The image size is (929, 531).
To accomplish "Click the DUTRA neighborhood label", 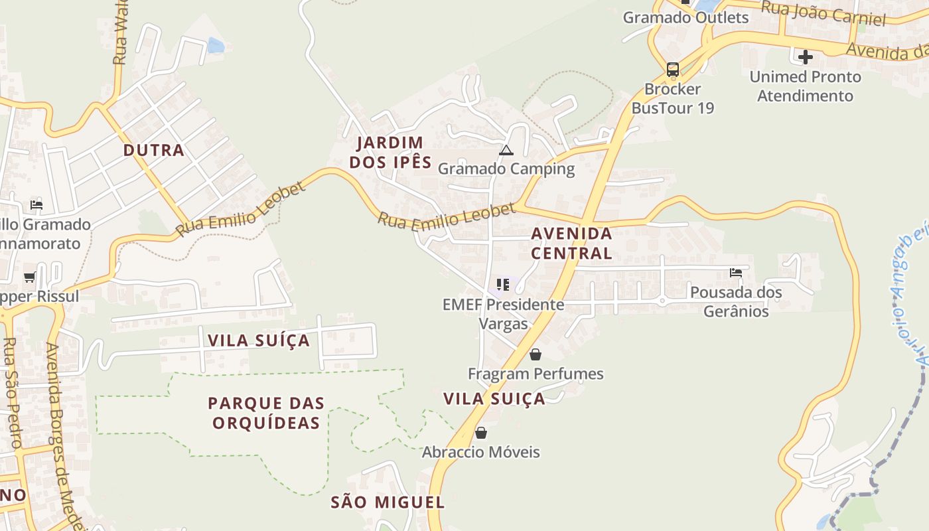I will tap(154, 150).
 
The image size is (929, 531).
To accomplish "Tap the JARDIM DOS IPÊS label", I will tap(390, 152).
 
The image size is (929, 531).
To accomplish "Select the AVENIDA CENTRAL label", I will tap(571, 243).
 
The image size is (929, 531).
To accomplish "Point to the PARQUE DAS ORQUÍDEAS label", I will tap(266, 413).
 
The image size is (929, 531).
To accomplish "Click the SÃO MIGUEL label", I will tap(388, 502).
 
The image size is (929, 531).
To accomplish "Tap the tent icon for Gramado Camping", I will tap(506, 151).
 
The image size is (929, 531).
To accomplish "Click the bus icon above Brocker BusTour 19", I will tap(672, 70).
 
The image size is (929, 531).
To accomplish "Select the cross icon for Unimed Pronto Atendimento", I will tap(806, 57).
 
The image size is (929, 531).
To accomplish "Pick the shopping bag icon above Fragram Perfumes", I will tap(536, 354).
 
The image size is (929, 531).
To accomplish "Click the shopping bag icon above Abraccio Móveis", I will tap(481, 433).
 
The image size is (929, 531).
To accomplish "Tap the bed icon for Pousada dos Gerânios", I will tap(735, 272).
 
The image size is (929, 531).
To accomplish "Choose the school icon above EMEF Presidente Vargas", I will tap(503, 285).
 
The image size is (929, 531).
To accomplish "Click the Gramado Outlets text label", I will tap(685, 17).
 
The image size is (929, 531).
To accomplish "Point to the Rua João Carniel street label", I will tap(823, 13).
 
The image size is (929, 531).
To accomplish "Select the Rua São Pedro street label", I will tap(12, 392).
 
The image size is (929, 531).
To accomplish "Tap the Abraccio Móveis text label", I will tap(481, 452).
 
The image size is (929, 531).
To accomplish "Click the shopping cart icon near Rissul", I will tap(29, 277).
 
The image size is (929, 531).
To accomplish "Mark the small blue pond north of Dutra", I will tap(216, 45).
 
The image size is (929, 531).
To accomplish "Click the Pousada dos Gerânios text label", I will tap(736, 301).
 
